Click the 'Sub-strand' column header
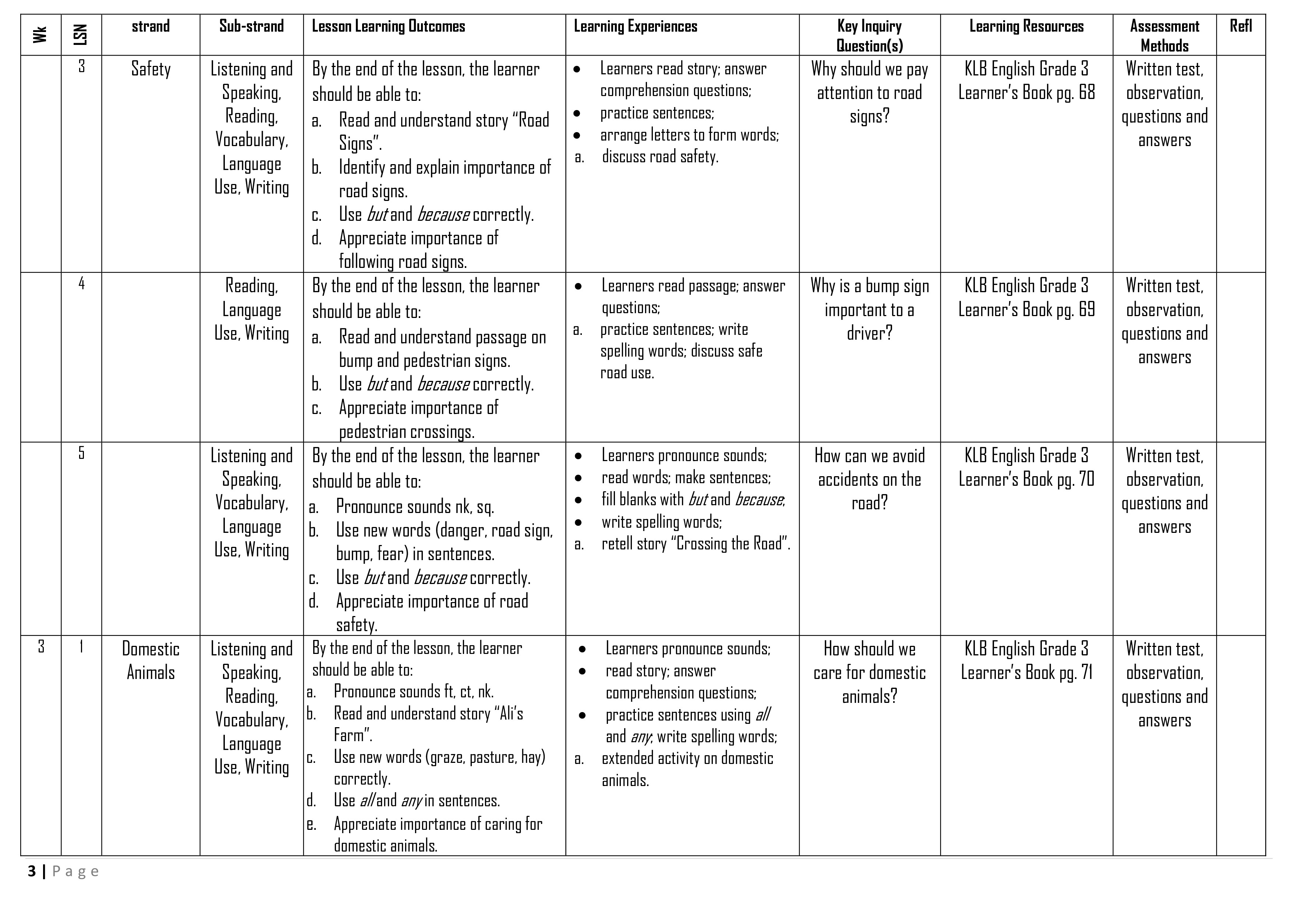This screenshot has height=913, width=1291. pyautogui.click(x=251, y=26)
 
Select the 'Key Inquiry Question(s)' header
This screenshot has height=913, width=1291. pyautogui.click(x=869, y=35)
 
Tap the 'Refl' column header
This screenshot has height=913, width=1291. pyautogui.click(x=1240, y=26)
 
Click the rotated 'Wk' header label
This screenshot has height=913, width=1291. pyautogui.click(x=40, y=35)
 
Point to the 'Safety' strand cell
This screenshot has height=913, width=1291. pyautogui.click(x=151, y=69)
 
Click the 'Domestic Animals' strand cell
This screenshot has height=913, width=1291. pyautogui.click(x=151, y=661)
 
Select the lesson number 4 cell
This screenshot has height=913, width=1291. pyautogui.click(x=82, y=284)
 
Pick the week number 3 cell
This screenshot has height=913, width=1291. pyautogui.click(x=41, y=647)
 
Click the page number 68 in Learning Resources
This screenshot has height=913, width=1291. pyautogui.click(x=1086, y=93)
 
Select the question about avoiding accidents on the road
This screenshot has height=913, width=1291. pyautogui.click(x=869, y=479)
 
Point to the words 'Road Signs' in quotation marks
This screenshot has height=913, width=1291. pyautogui.click(x=444, y=131)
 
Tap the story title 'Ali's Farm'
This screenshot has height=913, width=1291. pyautogui.click(x=428, y=724)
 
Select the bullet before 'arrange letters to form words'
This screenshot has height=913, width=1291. pyautogui.click(x=577, y=135)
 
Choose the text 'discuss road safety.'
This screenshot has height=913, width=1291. pyautogui.click(x=660, y=157)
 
